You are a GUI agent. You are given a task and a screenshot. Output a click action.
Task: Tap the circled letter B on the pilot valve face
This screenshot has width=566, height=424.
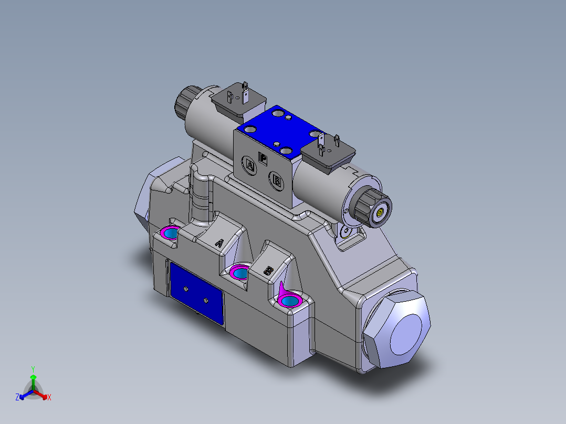277,181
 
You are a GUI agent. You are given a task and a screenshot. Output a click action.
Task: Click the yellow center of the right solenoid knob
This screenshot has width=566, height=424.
379,213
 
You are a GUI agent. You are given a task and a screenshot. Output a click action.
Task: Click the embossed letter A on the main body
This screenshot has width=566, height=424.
221,242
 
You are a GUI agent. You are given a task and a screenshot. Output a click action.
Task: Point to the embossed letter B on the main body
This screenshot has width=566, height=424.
268,271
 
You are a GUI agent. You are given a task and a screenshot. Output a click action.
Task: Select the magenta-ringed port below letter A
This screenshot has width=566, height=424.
240,272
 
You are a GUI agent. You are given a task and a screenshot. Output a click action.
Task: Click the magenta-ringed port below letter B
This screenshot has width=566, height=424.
289,300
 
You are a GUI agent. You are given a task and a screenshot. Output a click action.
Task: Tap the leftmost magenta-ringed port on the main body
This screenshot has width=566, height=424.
170,232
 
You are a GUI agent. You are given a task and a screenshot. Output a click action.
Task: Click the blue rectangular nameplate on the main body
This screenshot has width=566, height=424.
196,292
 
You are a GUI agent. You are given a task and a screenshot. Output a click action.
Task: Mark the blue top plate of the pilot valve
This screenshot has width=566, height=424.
278,131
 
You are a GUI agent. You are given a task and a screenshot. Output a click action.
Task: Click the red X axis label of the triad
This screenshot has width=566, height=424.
49,398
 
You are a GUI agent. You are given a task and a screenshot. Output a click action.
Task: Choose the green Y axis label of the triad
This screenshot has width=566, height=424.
33,369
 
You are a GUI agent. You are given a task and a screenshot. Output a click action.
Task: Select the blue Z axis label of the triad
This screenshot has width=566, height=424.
17,398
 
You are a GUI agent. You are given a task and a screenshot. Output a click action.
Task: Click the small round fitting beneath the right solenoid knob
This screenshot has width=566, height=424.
345,231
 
